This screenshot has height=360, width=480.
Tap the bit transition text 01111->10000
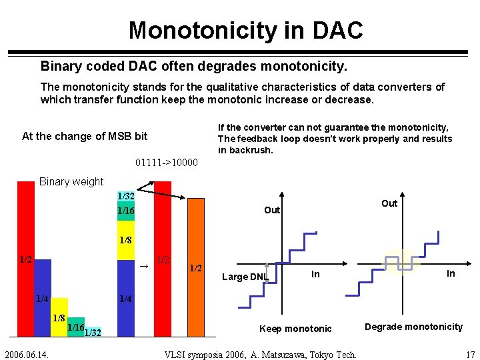click(x=166, y=162)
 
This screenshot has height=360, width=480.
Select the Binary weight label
click(x=71, y=181)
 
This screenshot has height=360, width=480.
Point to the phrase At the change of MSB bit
click(x=85, y=136)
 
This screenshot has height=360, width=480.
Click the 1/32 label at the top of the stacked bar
click(x=125, y=196)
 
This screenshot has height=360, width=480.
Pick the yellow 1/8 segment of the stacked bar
click(x=125, y=240)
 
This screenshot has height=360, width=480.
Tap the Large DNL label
click(x=245, y=277)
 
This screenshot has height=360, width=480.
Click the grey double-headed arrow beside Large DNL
click(x=267, y=272)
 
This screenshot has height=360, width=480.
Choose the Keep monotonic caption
click(x=295, y=329)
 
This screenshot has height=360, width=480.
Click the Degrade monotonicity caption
click(x=413, y=327)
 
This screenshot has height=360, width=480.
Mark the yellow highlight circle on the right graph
click(x=403, y=261)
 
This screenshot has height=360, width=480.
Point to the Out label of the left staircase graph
click(x=272, y=210)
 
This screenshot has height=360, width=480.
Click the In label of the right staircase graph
click(x=451, y=273)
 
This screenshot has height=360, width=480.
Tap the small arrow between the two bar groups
click(x=143, y=266)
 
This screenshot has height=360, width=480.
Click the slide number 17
click(x=470, y=354)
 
